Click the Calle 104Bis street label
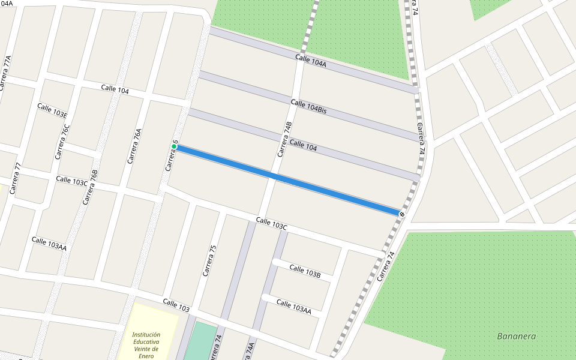tap(308, 107)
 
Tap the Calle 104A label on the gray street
tap(310, 61)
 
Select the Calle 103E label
tap(52, 110)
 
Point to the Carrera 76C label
tap(63, 142)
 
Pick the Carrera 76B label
tap(90, 187)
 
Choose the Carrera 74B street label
tap(284, 140)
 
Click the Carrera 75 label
tap(208, 260)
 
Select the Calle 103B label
tap(305, 271)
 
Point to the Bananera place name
tap(517, 336)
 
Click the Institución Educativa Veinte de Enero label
tap(146, 345)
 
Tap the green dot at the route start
tap(174, 146)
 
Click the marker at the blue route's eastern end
tap(401, 214)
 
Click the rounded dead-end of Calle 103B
tap(275, 262)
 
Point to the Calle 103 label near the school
tap(176, 305)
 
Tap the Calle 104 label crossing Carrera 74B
tap(303, 144)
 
